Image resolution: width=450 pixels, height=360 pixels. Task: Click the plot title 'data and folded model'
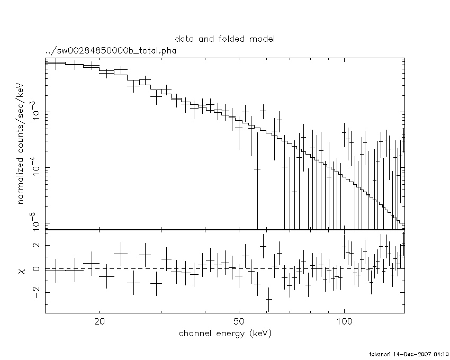point(225,39)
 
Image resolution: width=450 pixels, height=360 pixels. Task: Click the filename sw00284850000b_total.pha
point(111,51)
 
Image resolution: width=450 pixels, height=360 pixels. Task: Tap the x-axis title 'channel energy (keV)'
point(225,334)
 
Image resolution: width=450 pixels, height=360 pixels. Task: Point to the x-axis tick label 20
point(100,321)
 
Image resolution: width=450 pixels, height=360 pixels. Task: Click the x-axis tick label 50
point(239,321)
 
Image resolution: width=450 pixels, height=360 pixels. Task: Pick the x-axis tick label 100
point(344,321)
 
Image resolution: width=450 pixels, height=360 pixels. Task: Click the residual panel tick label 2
point(37,245)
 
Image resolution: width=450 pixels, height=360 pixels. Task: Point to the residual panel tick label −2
point(34,292)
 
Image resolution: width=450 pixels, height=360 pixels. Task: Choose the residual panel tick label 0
point(37,269)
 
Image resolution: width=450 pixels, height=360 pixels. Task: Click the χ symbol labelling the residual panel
point(22,271)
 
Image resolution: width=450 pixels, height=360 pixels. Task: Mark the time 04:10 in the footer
point(442,354)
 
